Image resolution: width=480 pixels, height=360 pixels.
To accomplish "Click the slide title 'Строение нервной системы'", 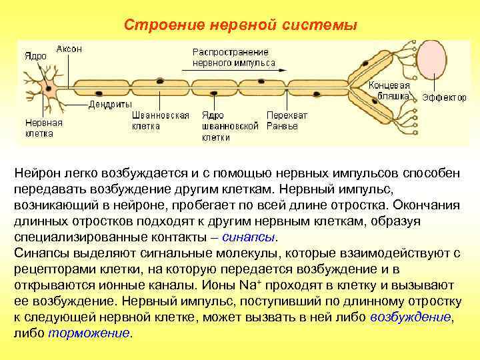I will coord(241,25).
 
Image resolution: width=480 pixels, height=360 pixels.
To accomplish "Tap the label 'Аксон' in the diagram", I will coord(69,49).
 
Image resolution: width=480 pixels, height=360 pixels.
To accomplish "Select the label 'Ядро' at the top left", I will coord(35,56).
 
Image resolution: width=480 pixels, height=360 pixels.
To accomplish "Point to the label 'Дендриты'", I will coord(110,105).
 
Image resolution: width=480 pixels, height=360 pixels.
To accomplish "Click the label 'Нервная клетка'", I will coord(43,128).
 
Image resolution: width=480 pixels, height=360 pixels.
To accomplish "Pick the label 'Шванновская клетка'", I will coord(160,120).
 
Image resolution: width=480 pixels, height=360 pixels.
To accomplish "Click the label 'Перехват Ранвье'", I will coord(287,120).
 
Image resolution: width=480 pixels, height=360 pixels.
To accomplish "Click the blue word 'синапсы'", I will coord(253,237).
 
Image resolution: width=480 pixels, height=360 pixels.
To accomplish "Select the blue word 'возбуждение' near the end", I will coord(410,317).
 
